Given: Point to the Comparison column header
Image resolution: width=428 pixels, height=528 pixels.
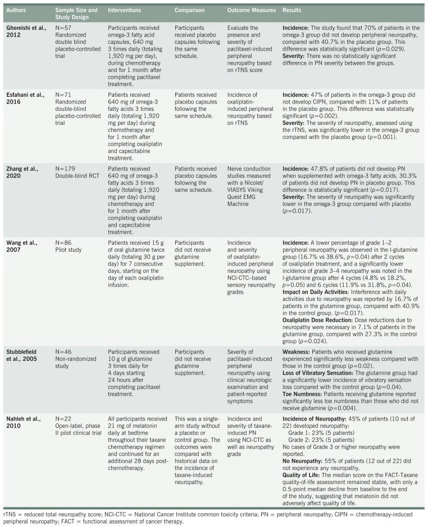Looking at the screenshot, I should click(192, 10).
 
